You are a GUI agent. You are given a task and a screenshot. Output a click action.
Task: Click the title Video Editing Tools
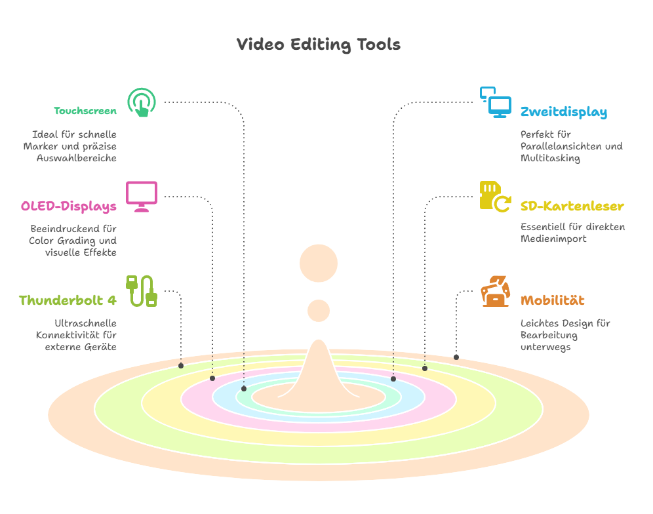(319, 45)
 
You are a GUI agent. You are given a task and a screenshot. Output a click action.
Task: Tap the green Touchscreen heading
(85, 111)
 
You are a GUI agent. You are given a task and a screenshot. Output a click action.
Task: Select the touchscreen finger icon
(142, 102)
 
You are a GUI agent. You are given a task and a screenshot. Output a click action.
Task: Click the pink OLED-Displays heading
(69, 206)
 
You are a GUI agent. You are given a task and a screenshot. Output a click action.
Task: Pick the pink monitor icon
(142, 197)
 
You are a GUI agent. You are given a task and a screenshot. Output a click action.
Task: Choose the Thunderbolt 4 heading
(68, 300)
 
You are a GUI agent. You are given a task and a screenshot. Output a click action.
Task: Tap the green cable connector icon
(142, 291)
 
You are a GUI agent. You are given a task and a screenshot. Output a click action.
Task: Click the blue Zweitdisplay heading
(564, 112)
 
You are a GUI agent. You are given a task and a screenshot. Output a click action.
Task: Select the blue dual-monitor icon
(496, 102)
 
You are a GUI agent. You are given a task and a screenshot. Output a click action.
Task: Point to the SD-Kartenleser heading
(572, 206)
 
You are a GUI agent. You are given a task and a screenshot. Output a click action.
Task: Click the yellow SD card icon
(496, 197)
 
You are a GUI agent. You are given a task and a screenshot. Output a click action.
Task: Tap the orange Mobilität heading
(552, 300)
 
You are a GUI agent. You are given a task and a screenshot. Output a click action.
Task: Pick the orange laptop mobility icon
(496, 291)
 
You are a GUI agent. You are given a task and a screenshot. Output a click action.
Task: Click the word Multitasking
(550, 158)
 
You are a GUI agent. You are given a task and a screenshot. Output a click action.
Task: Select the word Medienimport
(553, 239)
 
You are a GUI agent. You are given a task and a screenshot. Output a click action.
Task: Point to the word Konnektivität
(68, 335)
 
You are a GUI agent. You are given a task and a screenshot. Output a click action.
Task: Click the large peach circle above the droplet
(319, 264)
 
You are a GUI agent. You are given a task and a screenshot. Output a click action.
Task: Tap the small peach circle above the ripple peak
(319, 311)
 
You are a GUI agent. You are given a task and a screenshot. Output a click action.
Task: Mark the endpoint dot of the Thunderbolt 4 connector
(181, 366)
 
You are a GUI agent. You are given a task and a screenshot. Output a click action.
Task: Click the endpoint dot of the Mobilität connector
(456, 357)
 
